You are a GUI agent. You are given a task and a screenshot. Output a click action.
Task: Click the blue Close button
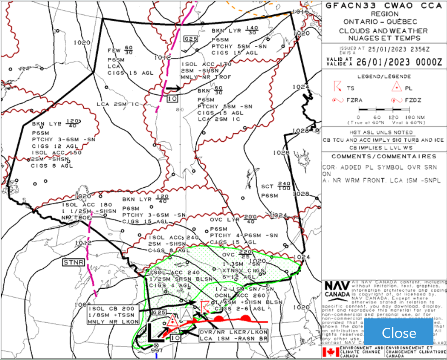point(399,332)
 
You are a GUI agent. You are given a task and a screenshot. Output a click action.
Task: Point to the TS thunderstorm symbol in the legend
point(338,87)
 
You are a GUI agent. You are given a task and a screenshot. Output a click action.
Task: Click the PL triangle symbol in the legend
point(396,88)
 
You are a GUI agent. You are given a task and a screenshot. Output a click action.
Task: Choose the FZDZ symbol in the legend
point(396,100)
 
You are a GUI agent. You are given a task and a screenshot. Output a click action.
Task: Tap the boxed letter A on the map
point(186,314)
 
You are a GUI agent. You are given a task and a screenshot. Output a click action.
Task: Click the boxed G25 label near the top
point(191,39)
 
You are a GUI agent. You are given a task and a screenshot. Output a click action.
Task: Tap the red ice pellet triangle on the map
point(173,321)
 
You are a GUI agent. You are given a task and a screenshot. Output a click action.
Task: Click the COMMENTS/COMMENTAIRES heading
point(384,156)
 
